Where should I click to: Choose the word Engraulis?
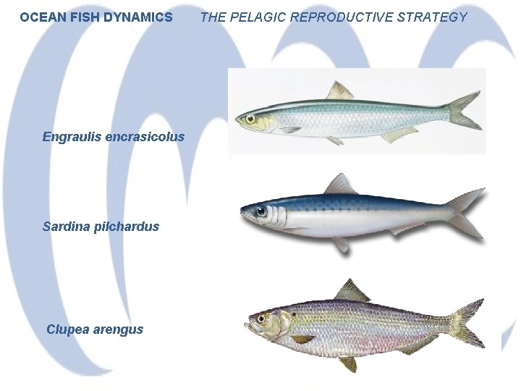[x=71, y=137]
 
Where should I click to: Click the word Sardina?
[x=66, y=227]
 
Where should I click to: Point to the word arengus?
[x=117, y=329]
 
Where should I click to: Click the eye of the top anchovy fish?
[x=250, y=117]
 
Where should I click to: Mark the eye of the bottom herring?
[x=260, y=317]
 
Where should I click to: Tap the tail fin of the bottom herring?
[x=467, y=323]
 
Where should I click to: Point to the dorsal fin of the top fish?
[x=339, y=92]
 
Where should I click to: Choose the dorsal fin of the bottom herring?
[x=352, y=291]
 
